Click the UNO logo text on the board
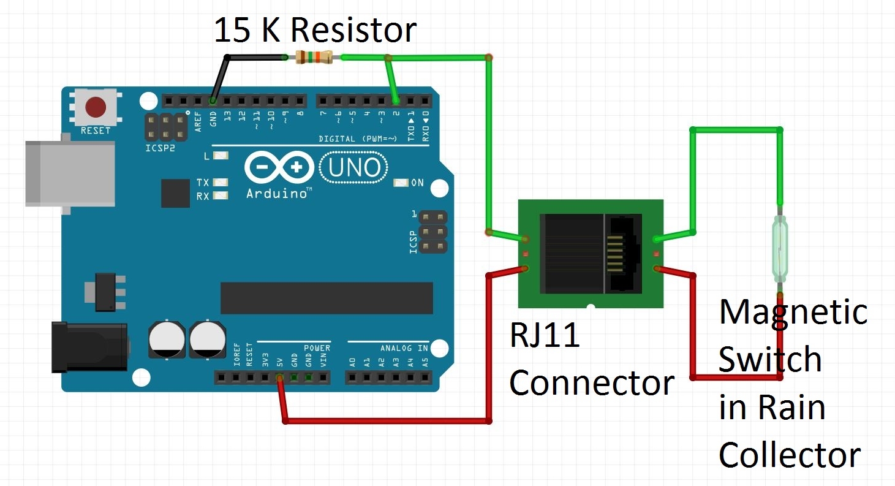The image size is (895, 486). [354, 167]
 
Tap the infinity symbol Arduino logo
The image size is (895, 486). [279, 167]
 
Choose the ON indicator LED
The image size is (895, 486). [401, 183]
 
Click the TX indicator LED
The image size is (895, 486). [221, 183]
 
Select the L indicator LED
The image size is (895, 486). [221, 156]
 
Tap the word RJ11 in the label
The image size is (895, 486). [545, 335]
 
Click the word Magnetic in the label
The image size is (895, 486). [793, 312]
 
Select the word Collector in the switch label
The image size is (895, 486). [789, 455]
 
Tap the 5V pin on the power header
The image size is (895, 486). [279, 378]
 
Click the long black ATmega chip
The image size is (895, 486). [327, 298]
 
